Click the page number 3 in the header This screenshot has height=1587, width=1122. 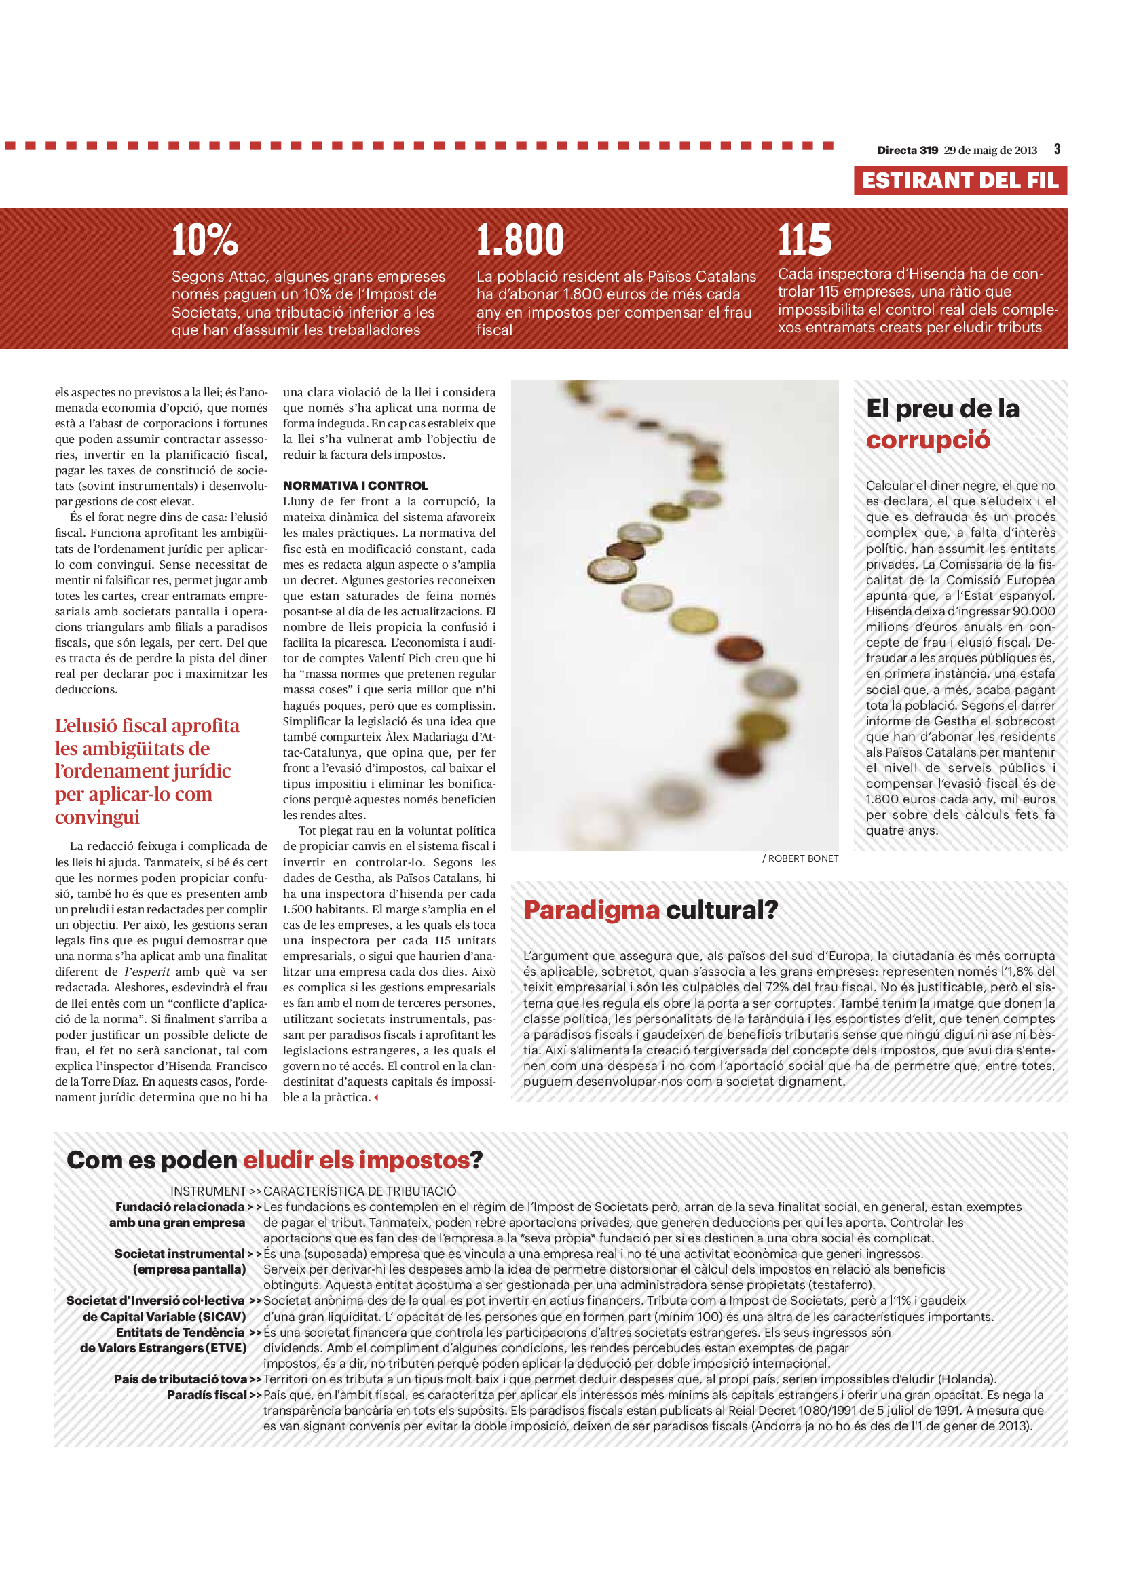tap(1057, 149)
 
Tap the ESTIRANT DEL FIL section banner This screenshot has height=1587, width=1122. tap(960, 180)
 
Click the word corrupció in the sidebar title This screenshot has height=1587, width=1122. tap(928, 440)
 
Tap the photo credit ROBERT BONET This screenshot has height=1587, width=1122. tap(802, 858)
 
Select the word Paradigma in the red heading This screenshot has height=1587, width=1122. tap(591, 911)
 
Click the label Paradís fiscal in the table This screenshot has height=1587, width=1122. tap(207, 1395)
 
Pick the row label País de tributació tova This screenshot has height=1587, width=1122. tap(181, 1379)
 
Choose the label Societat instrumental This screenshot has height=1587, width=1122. tap(179, 1254)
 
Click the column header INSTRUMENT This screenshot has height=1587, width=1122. tap(208, 1191)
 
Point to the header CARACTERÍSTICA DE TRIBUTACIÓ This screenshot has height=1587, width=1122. tap(360, 1191)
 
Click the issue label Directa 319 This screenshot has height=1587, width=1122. tap(907, 150)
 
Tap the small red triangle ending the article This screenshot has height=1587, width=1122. tap(376, 1098)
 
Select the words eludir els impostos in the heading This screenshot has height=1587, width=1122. tap(356, 1160)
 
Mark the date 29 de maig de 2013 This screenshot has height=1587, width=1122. tap(990, 150)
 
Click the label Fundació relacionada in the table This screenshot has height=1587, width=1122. tap(180, 1207)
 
